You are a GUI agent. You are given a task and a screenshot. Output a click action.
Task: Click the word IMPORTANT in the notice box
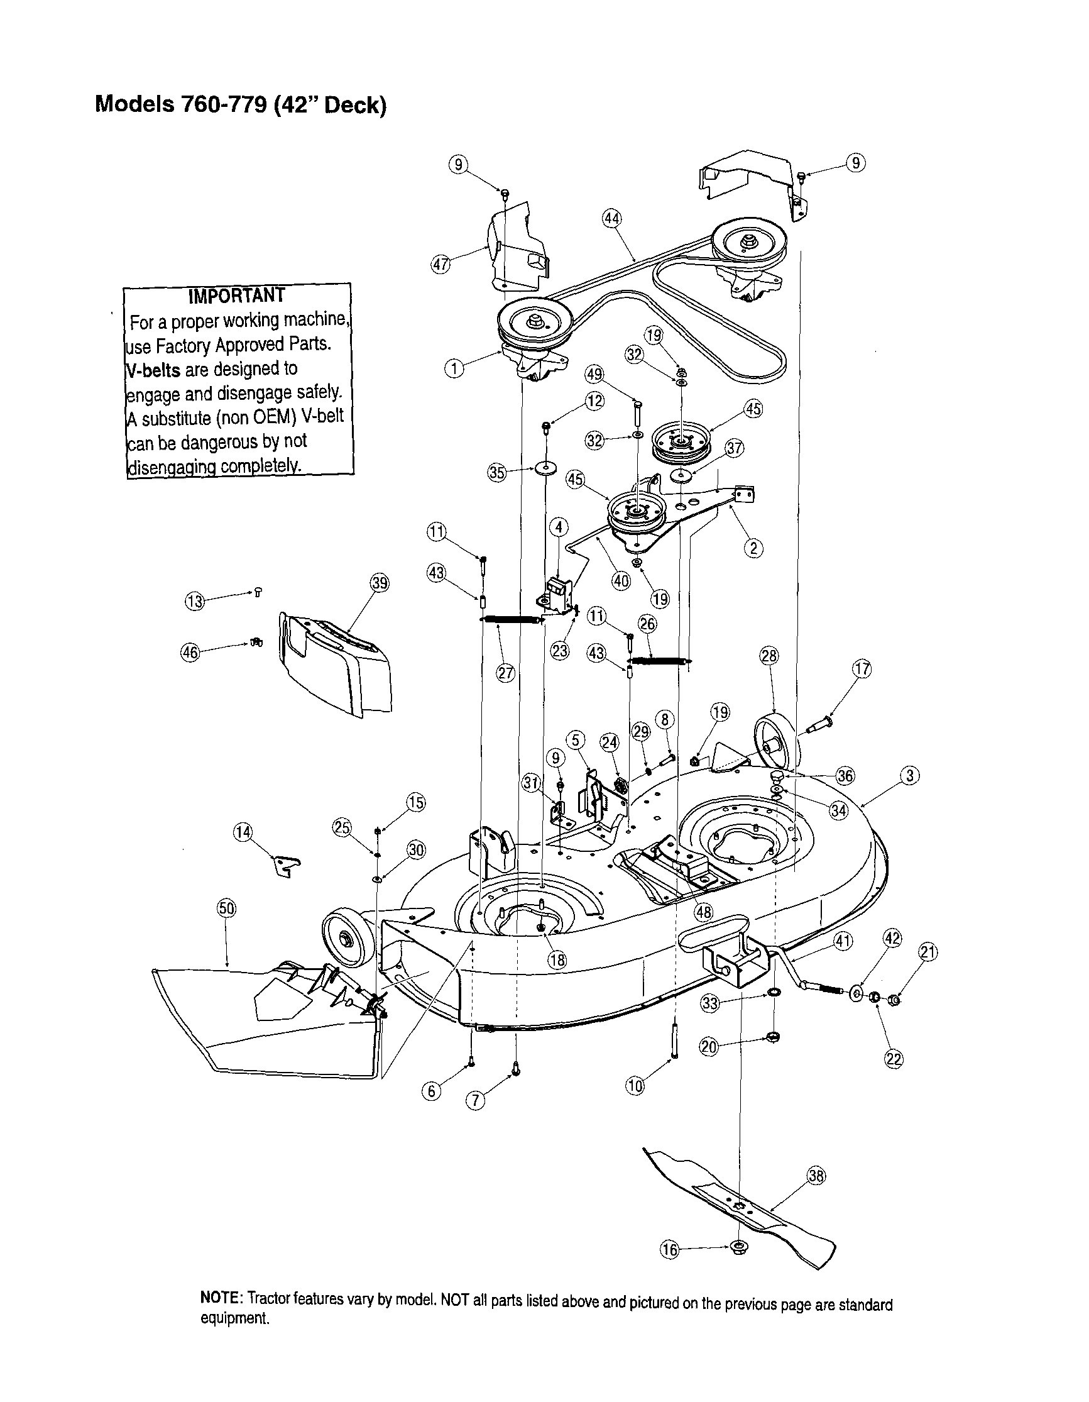pos(236,295)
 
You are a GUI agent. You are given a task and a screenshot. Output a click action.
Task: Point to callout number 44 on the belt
pos(611,219)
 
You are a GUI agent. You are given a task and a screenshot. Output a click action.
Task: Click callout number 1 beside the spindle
pos(454,368)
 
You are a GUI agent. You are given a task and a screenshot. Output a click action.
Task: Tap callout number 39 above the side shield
pos(380,583)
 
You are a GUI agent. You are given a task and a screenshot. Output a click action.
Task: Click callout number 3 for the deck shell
pos(910,775)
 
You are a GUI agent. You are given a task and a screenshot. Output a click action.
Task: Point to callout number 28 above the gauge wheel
pos(769,656)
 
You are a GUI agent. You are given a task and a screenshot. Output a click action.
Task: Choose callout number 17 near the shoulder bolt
pos(862,669)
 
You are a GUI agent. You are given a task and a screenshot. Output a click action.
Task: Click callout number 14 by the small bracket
pos(243,833)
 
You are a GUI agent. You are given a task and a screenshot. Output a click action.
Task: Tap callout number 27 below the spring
pos(506,673)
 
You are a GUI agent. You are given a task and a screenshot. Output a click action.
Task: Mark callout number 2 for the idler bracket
pos(753,548)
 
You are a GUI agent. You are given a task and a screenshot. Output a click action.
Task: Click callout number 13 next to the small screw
pos(194,602)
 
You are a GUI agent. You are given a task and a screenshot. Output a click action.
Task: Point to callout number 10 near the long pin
pos(635,1086)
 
